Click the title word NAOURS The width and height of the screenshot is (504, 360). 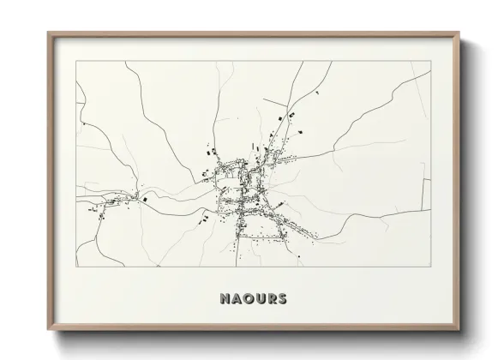click(253, 299)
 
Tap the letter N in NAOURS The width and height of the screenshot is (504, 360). click(225, 299)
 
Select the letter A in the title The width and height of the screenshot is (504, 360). click(237, 299)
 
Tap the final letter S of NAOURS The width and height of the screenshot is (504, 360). click(282, 299)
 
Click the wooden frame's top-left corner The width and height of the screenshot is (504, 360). click(48, 33)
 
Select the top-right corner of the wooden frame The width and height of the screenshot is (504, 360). click(459, 33)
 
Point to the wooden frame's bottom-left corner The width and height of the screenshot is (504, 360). click(48, 332)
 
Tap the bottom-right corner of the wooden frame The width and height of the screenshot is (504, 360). click(459, 332)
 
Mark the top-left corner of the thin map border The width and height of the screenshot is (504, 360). click(76, 61)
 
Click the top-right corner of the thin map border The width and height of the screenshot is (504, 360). click(430, 61)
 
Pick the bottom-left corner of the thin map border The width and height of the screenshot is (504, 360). click(76, 267)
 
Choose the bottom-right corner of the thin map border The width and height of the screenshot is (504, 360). click(430, 267)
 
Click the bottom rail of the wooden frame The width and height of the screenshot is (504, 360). click(253, 328)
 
